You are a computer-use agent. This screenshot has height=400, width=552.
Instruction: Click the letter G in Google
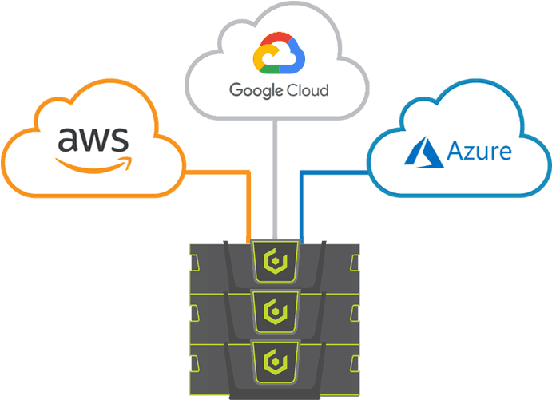coord(237,89)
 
